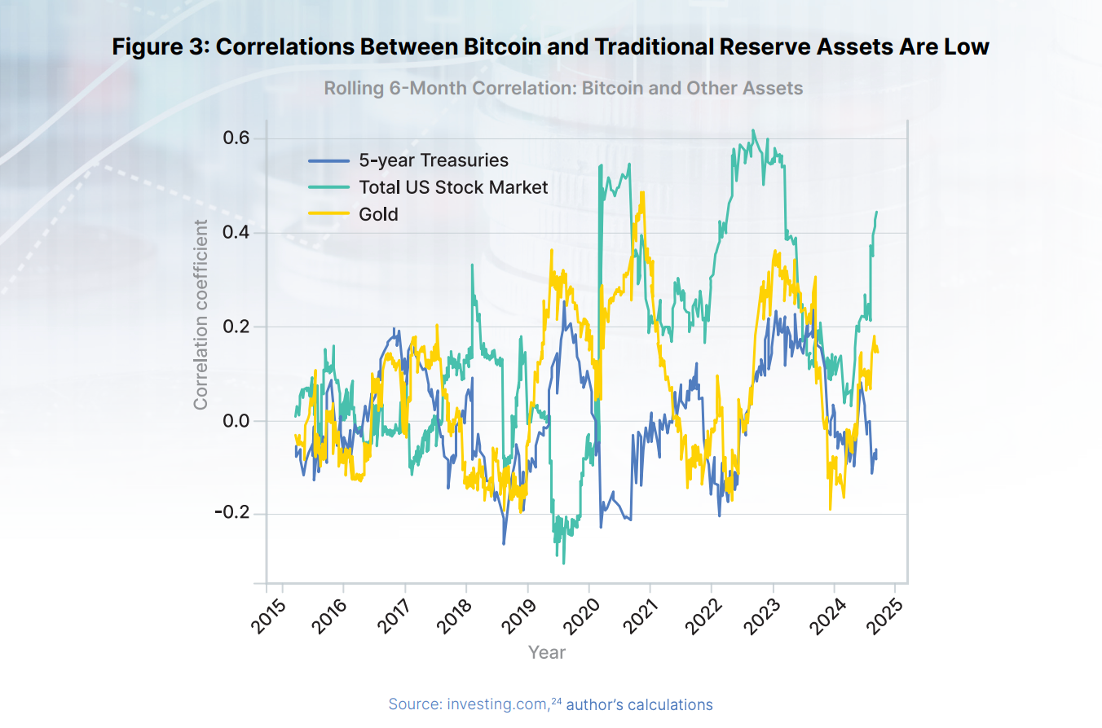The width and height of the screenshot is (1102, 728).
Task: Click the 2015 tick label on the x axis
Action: click(267, 618)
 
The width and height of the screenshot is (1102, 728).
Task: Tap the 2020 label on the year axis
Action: click(575, 618)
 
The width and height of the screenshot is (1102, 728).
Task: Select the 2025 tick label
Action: click(881, 618)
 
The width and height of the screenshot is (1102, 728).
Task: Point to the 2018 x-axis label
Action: click(452, 618)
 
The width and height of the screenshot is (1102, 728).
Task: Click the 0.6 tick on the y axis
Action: click(236, 138)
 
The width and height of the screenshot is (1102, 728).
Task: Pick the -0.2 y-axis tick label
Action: click(233, 514)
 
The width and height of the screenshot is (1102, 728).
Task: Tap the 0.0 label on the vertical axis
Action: click(236, 420)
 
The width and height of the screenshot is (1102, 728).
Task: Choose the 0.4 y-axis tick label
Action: click(236, 233)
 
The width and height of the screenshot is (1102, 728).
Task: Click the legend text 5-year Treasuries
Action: click(434, 160)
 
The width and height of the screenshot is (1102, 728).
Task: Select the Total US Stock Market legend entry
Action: click(453, 187)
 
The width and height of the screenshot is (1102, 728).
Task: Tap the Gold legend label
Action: click(378, 214)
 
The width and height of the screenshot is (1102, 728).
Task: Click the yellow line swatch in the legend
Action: click(329, 214)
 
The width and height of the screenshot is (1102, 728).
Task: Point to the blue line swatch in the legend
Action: click(329, 160)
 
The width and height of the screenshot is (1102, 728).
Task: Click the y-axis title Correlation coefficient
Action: click(201, 314)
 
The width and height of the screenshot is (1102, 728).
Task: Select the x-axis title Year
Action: click(546, 652)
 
